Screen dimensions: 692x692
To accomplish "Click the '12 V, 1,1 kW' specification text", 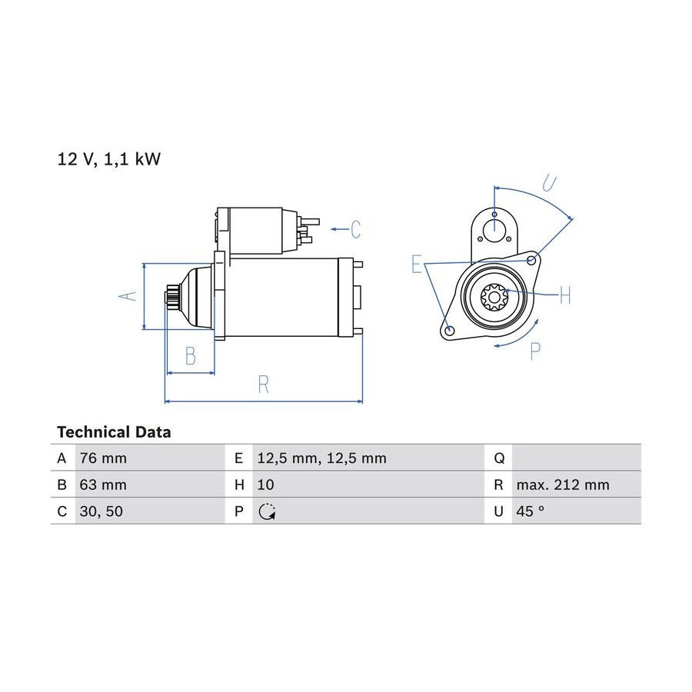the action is (x=109, y=159).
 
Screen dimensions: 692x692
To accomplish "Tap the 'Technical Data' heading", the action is (x=114, y=432).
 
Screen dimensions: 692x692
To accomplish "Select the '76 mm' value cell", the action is (x=103, y=458).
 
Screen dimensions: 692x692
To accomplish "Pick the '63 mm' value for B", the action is (x=103, y=484).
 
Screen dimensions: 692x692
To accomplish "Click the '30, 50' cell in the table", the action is (x=101, y=511).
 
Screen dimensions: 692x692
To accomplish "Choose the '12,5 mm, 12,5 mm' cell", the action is (x=321, y=458).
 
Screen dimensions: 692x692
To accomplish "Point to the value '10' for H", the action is (x=266, y=484).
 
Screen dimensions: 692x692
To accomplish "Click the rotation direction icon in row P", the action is (x=267, y=511).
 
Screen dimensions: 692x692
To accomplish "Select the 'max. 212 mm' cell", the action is (x=563, y=484).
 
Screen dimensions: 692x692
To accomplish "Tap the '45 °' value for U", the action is (x=530, y=511).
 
